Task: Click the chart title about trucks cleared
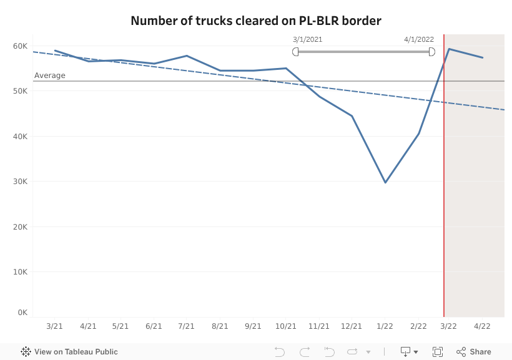point(256,21)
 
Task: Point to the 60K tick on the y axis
point(20,46)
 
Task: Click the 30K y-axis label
point(20,182)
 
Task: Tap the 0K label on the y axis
point(22,313)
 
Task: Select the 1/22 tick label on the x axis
point(385,326)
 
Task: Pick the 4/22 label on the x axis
point(481,326)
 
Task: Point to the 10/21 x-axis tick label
point(285,326)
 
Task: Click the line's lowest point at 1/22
point(385,182)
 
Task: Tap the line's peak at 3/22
point(449,49)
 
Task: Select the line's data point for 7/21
point(187,56)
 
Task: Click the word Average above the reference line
point(49,75)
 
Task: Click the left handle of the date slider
point(295,51)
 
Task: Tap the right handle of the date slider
point(431,51)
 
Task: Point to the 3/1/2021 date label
point(307,39)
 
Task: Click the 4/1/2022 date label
point(418,39)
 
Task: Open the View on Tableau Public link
point(69,352)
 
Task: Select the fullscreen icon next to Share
point(438,352)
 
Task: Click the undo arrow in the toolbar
point(280,352)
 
